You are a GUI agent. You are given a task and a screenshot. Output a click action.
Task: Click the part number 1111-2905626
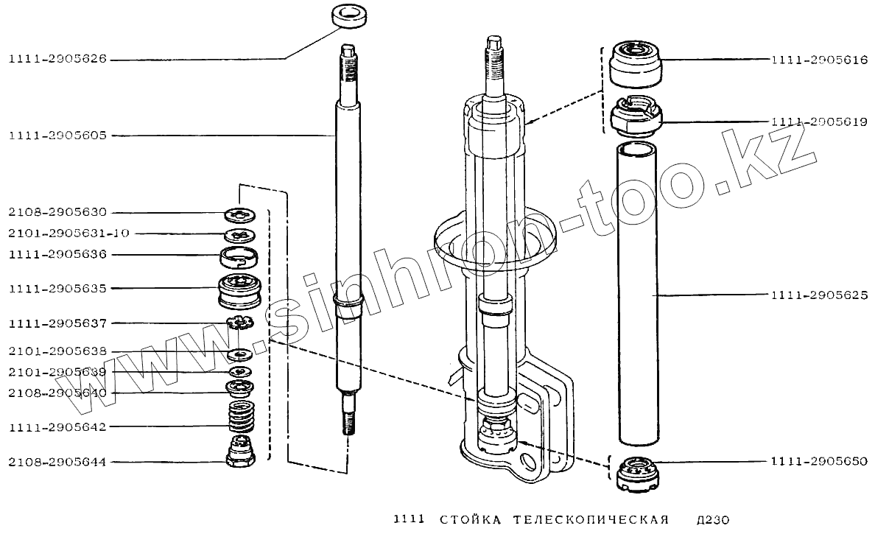[57, 61]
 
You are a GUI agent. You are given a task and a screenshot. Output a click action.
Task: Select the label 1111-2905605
[57, 136]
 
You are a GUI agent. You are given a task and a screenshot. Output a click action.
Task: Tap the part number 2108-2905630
[57, 213]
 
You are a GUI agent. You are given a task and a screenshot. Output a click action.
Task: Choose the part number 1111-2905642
[57, 427]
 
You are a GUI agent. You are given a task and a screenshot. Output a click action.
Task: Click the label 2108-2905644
[57, 463]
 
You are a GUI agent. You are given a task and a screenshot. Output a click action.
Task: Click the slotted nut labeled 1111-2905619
[637, 116]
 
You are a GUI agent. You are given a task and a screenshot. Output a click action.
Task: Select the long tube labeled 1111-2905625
[637, 295]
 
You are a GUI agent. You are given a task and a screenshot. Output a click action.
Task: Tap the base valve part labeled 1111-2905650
[635, 475]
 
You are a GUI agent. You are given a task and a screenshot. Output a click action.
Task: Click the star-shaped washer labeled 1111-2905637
[241, 323]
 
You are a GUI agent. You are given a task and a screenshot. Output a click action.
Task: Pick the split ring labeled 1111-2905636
[240, 258]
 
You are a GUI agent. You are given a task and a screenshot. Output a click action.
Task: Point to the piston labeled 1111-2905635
[240, 290]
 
